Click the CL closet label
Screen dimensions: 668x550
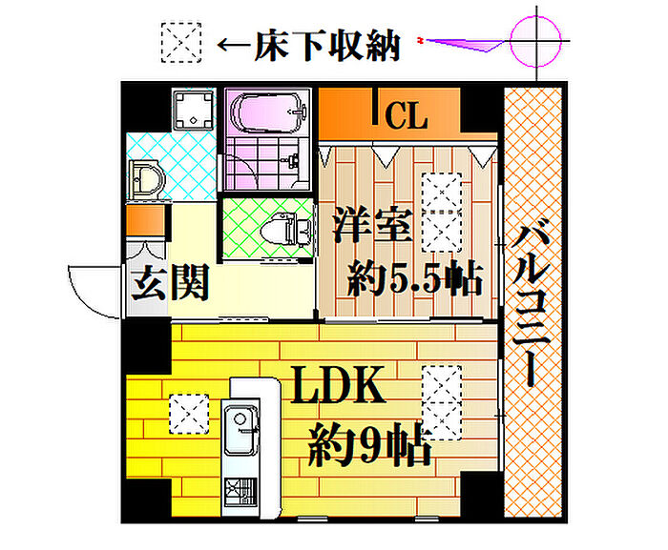(406, 115)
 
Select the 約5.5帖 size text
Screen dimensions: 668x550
(415, 278)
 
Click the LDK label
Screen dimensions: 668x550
(339, 384)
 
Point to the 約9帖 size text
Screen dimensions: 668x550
(370, 445)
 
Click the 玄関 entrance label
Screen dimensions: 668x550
(171, 283)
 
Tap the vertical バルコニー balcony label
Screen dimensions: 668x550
(531, 303)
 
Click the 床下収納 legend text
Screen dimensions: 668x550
(327, 46)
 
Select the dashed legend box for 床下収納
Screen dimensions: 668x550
(181, 43)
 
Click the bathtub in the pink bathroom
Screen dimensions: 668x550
(267, 112)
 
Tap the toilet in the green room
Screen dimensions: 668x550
(284, 229)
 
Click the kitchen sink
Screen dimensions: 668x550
(241, 430)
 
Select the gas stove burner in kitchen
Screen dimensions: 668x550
(240, 493)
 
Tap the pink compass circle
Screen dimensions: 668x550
(535, 41)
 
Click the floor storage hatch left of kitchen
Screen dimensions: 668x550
(189, 414)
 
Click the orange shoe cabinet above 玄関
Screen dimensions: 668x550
(145, 220)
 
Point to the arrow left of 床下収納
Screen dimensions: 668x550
(234, 45)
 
